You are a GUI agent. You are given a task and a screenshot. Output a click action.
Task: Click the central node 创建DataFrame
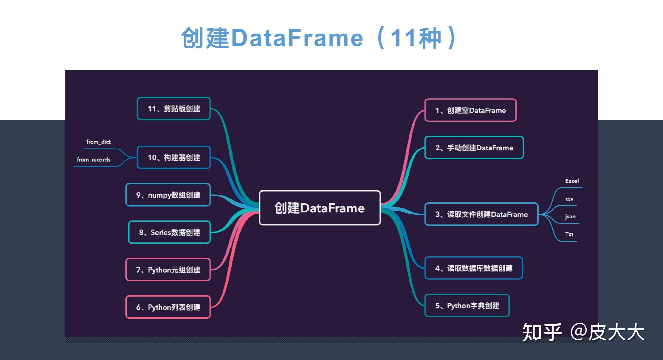pyautogui.click(x=319, y=208)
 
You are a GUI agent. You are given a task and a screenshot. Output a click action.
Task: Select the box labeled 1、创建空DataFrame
pyautogui.click(x=470, y=110)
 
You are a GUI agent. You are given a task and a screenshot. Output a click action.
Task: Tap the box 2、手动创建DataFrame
pyautogui.click(x=474, y=148)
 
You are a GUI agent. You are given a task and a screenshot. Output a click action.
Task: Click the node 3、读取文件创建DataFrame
pyautogui.click(x=481, y=214)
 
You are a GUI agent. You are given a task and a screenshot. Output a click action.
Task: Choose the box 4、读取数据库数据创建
pyautogui.click(x=474, y=268)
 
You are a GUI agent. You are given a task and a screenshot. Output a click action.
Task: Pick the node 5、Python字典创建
pyautogui.click(x=467, y=305)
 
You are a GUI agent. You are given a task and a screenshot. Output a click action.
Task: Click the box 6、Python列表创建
pyautogui.click(x=168, y=307)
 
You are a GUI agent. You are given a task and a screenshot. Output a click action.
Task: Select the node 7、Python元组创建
pyautogui.click(x=168, y=270)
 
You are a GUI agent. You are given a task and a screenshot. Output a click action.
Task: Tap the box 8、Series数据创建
pyautogui.click(x=169, y=232)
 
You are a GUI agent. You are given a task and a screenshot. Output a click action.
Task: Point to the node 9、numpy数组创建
pyautogui.click(x=168, y=195)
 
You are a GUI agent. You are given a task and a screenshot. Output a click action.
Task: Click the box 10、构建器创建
pyautogui.click(x=174, y=157)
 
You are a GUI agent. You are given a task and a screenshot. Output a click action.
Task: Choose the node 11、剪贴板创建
pyautogui.click(x=174, y=109)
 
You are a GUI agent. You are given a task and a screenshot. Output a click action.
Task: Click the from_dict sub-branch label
pyautogui.click(x=98, y=142)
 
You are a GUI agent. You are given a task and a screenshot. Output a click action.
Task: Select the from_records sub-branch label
pyautogui.click(x=94, y=160)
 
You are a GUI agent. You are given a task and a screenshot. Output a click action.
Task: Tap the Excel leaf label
pyautogui.click(x=572, y=181)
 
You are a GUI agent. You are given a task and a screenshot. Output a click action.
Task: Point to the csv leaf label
pyautogui.click(x=569, y=199)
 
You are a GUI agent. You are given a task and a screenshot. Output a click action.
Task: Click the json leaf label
pyautogui.click(x=570, y=216)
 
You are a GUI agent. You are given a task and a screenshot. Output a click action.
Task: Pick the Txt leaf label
pyautogui.click(x=569, y=234)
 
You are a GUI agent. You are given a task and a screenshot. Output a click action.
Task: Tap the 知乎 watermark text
pyautogui.click(x=542, y=332)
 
